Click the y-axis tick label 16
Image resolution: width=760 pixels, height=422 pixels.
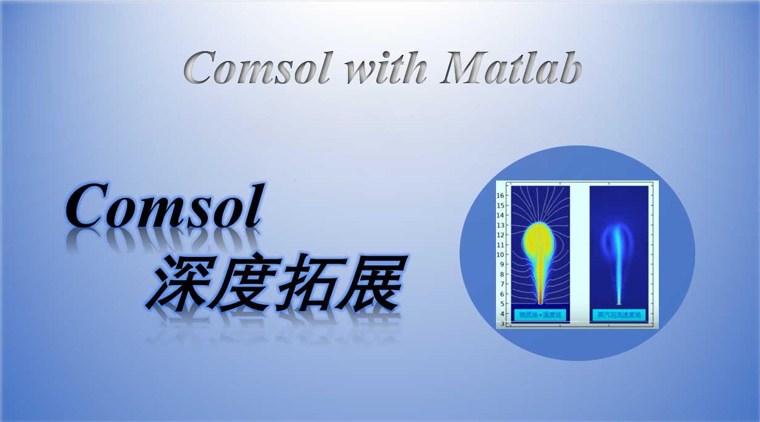[x=501, y=195]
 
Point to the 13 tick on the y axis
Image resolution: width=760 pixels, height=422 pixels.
[x=501, y=225]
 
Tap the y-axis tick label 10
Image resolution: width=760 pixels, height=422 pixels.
[x=501, y=254]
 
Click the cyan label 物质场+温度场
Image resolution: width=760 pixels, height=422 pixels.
[x=540, y=315]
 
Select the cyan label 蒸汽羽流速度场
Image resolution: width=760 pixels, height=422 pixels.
[x=619, y=315]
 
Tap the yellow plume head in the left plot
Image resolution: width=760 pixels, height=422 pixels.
[x=538, y=240]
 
